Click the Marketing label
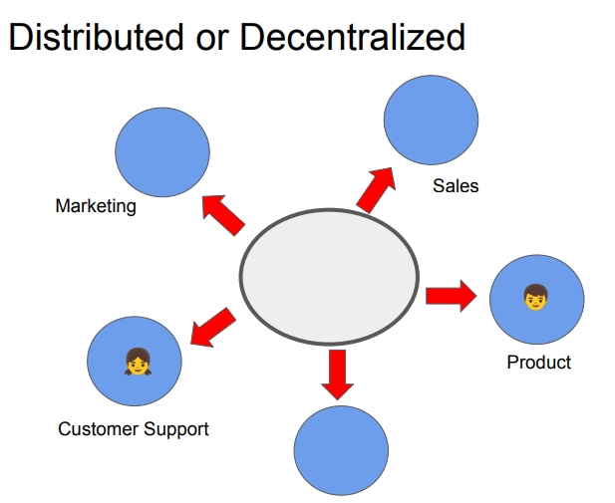[96, 207]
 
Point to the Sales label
[456, 185]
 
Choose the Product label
[539, 362]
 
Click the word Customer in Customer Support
[99, 429]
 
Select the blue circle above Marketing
[162, 151]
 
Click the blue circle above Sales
[431, 120]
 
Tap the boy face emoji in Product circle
[535, 296]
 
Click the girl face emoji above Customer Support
[138, 362]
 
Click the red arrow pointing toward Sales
[376, 189]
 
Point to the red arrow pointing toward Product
[452, 295]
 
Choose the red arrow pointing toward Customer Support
[212, 328]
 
